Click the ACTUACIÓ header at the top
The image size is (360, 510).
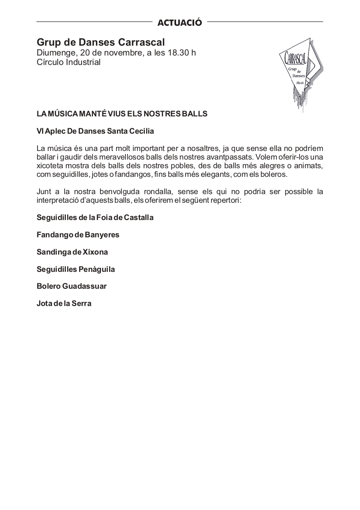180,23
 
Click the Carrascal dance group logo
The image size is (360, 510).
299,74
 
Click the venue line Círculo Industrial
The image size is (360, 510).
68,63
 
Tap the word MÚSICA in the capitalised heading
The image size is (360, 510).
64,114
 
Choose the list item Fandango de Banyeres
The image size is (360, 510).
78,235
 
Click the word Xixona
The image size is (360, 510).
96,252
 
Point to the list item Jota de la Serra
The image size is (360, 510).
64,304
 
